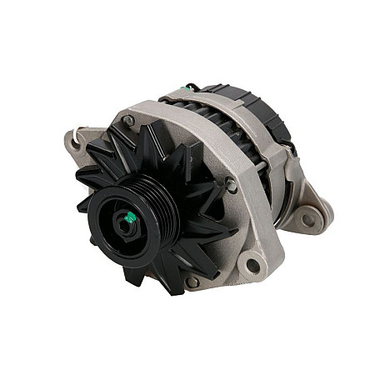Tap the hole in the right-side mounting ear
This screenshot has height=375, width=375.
[310, 220]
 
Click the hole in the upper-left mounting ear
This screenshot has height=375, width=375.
[77, 142]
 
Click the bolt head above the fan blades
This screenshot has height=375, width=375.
[128, 122]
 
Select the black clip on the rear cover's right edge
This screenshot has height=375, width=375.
[292, 150]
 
